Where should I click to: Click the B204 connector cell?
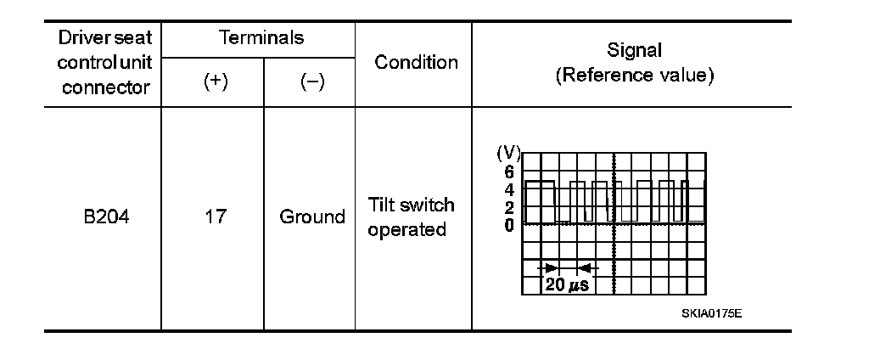coord(106,217)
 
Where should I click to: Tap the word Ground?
coord(312,217)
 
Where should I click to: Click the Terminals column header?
coord(261,38)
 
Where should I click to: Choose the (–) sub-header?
coord(312,82)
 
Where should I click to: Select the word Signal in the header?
coord(634,51)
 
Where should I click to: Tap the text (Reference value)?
coord(634,75)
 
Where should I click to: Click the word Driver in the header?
coord(81,39)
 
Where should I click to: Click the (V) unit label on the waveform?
coord(507,153)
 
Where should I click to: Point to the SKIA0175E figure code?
coord(711,313)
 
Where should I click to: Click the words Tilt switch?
coord(412,205)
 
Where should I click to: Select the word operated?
coord(407,230)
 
